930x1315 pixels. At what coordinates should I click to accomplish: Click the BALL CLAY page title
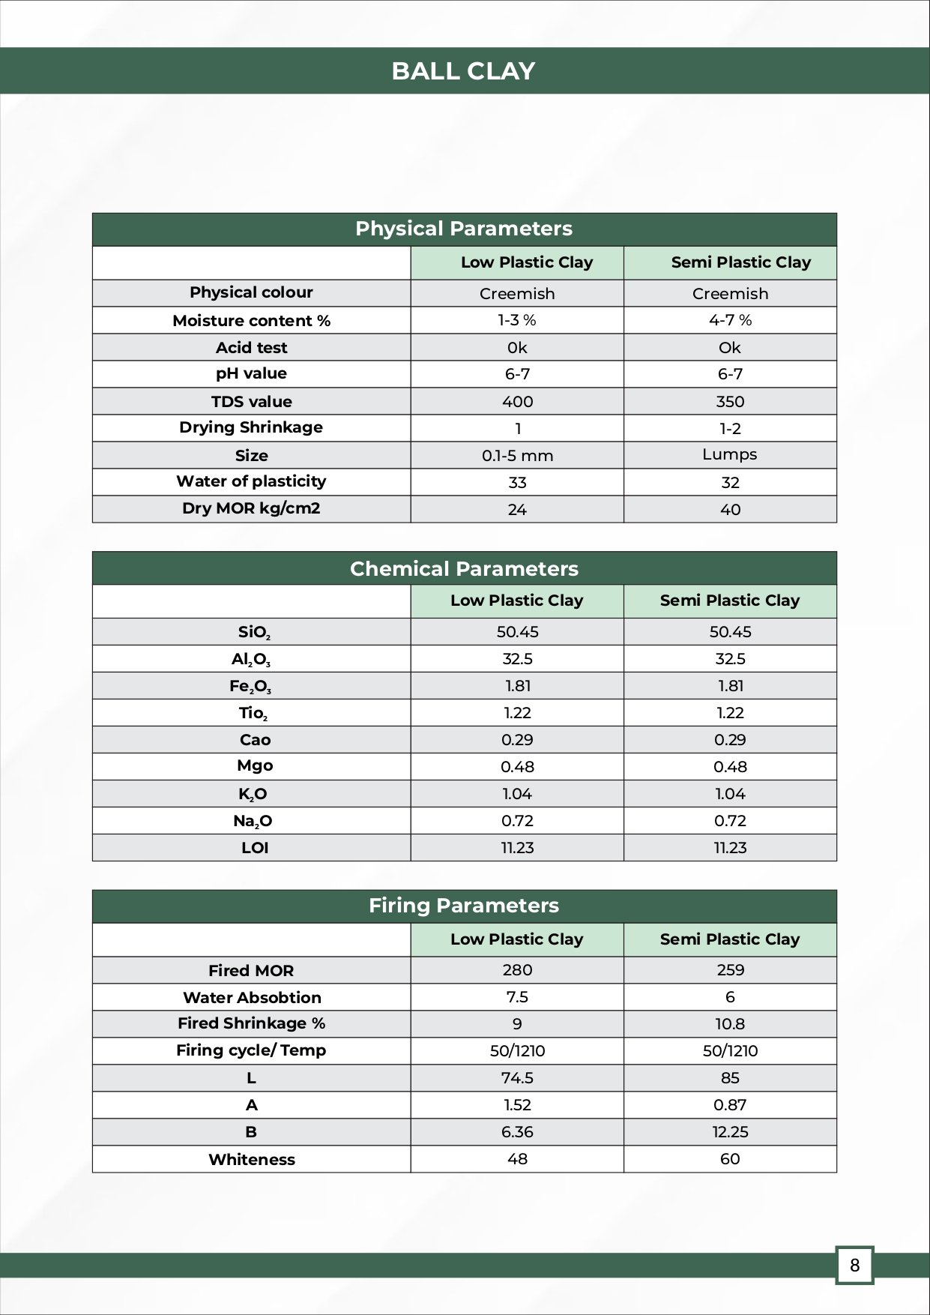[463, 71]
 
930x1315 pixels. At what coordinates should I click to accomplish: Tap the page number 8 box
[854, 1266]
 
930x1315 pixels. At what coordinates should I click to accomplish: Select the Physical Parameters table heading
[463, 229]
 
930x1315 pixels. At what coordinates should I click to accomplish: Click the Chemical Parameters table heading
[463, 568]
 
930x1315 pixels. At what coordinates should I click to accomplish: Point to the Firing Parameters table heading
[463, 906]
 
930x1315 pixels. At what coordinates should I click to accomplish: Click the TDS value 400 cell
[517, 401]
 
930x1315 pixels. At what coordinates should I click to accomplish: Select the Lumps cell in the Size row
[729, 454]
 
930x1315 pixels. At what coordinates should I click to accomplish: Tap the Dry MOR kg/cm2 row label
[251, 508]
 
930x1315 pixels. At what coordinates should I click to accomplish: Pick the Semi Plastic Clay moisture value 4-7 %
[729, 320]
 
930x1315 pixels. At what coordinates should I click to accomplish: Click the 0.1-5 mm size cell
[517, 455]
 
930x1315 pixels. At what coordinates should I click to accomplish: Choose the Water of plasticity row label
[251, 481]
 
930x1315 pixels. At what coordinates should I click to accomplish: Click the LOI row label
[255, 848]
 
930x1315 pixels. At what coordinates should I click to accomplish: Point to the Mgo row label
[255, 765]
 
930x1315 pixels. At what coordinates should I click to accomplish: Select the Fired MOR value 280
[517, 969]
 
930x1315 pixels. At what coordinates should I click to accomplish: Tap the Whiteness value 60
[729, 1159]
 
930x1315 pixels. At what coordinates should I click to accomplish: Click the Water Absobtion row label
[252, 997]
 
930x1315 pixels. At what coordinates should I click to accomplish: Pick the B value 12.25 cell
[730, 1132]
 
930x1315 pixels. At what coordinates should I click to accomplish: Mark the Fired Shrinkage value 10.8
[730, 1024]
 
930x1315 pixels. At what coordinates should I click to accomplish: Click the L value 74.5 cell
[517, 1077]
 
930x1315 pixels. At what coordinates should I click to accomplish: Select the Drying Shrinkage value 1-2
[730, 428]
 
